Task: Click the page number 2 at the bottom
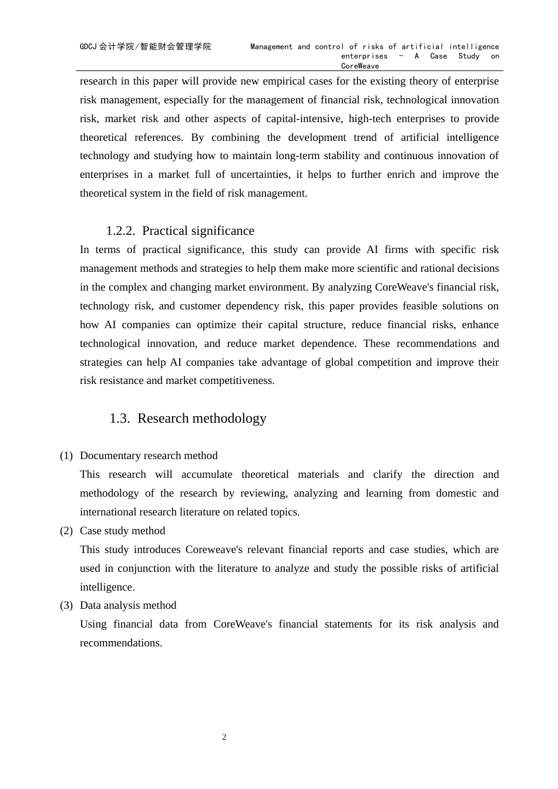coord(224,737)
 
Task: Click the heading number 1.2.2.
coord(120,231)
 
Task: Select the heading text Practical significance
coord(198,231)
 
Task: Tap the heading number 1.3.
coord(119,419)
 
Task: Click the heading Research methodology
coord(202,419)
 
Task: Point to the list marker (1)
coord(66,456)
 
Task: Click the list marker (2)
coord(66,531)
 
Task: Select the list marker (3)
coord(66,605)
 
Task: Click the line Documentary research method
coord(149,456)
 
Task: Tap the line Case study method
coord(122,531)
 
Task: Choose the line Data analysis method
coord(128,605)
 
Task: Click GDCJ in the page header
coord(88,47)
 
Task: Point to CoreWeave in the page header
coord(360,66)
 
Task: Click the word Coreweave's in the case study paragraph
coord(214,549)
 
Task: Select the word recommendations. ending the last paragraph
coord(121,643)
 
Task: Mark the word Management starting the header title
coord(271,47)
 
